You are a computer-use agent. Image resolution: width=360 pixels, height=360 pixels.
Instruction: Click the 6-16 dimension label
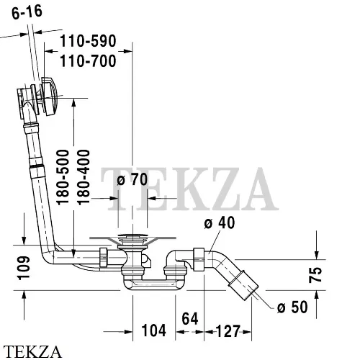27,12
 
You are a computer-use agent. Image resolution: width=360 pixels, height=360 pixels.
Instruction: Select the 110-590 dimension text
88,41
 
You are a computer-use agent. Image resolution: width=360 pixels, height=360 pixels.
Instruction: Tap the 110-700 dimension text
88,61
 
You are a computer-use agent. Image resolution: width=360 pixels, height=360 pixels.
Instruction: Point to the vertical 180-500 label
63,177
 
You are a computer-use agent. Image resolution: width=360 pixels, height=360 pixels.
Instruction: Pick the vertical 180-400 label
84,177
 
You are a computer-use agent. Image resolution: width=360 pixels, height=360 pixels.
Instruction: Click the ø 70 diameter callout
132,179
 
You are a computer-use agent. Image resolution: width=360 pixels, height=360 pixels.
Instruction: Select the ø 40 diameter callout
220,222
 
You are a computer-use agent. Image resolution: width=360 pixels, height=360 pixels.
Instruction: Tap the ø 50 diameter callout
292,307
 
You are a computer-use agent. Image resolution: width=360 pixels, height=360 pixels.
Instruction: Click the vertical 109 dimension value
24,268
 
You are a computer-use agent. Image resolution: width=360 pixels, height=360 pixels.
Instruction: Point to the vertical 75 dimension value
315,274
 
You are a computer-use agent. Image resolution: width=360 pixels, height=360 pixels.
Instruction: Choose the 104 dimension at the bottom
154,330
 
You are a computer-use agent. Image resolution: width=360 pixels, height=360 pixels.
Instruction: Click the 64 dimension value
190,319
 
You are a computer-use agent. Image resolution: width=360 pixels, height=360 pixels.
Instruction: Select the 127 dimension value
228,331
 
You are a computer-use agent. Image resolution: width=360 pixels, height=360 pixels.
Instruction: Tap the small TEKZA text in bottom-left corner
32,352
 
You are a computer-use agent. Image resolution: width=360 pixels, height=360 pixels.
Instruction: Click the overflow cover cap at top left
49,96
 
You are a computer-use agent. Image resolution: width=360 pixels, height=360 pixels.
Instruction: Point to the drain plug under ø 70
132,236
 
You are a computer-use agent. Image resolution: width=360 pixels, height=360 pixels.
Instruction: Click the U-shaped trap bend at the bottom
153,284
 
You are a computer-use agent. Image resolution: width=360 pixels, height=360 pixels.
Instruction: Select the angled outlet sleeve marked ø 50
243,285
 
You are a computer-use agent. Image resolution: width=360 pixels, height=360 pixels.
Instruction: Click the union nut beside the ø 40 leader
199,260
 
